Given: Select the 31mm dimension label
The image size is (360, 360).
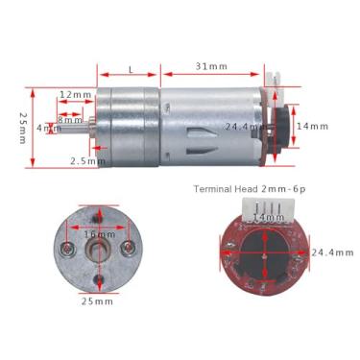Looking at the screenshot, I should [x=210, y=66].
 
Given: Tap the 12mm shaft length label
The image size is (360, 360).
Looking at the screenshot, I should [x=74, y=95].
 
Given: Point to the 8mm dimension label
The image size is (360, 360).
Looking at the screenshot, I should [x=70, y=118].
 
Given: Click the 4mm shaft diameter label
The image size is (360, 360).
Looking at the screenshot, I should [x=46, y=128].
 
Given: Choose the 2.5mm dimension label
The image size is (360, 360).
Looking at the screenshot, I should [x=87, y=161].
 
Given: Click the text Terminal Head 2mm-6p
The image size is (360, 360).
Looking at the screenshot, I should [x=249, y=188].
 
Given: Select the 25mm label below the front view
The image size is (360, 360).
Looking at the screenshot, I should [x=97, y=300].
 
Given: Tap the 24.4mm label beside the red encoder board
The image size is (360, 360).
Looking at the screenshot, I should [x=328, y=253].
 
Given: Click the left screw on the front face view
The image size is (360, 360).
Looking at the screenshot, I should [x=66, y=250].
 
